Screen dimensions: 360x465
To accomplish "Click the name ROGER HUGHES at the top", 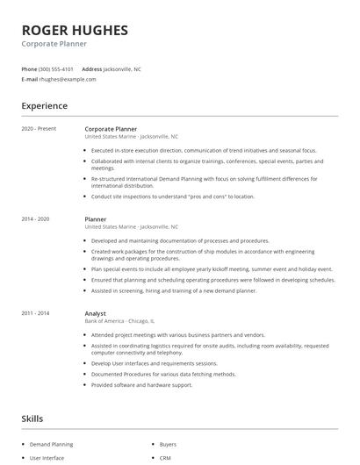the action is [x=75, y=31].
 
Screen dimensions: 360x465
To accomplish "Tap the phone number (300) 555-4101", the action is [x=57, y=68].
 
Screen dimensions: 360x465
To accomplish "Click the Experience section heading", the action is [x=45, y=106].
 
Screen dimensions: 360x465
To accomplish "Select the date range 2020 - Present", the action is [x=40, y=129].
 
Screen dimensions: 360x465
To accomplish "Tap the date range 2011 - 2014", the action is [x=37, y=313].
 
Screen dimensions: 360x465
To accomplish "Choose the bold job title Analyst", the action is [x=95, y=313].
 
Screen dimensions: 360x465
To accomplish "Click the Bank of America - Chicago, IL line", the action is [x=119, y=321].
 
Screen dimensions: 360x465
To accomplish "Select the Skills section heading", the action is [x=33, y=419].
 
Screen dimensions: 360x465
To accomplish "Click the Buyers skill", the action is [x=168, y=445].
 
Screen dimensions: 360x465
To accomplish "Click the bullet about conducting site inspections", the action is [x=172, y=197].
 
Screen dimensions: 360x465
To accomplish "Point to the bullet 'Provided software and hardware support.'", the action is [x=140, y=383].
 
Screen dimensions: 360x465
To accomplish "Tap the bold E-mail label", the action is [x=30, y=79].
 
